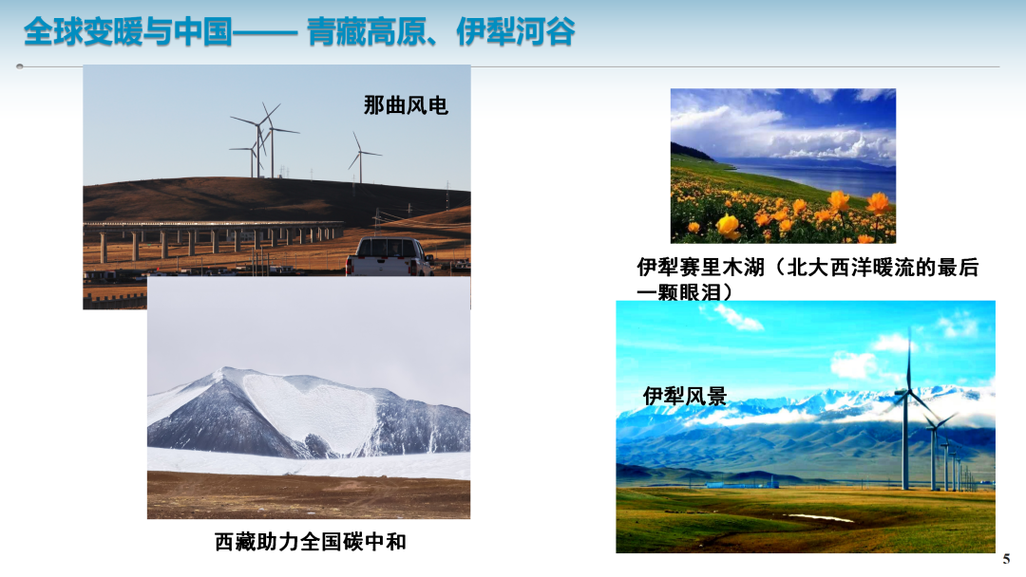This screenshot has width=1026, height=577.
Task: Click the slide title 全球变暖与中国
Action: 128,31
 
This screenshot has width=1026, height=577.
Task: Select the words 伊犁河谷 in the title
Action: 516,31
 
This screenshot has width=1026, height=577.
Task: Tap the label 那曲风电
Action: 406,105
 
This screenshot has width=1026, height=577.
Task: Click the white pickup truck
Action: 389,257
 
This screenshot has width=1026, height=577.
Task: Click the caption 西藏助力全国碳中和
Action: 310,542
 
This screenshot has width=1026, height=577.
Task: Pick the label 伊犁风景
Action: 684,396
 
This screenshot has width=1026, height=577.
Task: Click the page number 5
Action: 1006,559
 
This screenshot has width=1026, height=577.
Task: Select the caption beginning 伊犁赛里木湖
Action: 807,279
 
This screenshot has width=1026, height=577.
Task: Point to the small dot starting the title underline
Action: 20,66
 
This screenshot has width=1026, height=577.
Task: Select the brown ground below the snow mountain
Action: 308,496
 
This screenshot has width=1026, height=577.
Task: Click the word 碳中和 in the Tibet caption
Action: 375,542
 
